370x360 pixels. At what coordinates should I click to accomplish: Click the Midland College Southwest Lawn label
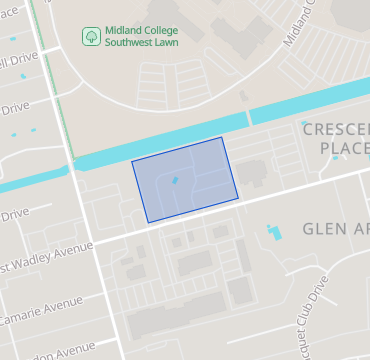[141, 36]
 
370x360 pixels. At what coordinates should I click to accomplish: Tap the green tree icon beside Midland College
[90, 36]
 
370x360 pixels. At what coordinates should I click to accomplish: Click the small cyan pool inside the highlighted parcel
[176, 180]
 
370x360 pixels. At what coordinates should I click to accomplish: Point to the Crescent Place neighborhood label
[336, 139]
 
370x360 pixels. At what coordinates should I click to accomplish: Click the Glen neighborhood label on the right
[334, 229]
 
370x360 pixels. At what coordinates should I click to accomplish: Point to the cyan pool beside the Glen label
[273, 234]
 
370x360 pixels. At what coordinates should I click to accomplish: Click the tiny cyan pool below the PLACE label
[335, 157]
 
